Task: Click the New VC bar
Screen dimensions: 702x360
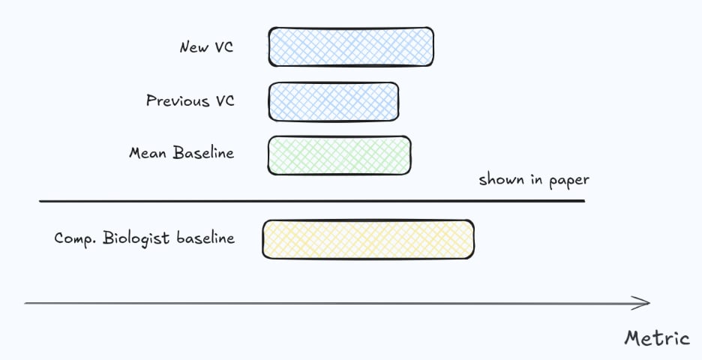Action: click(x=351, y=46)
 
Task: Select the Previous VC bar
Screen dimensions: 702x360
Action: click(x=334, y=101)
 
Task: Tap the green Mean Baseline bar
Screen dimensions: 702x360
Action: click(x=340, y=155)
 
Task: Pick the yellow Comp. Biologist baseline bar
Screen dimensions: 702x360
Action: click(x=368, y=239)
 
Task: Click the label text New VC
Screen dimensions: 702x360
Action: click(x=206, y=47)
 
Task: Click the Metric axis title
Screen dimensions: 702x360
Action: click(x=657, y=338)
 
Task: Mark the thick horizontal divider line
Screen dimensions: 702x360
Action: click(x=311, y=201)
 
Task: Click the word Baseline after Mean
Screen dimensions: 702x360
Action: click(x=203, y=153)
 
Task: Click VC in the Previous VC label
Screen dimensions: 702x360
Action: click(x=224, y=100)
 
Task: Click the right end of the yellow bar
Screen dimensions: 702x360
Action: click(x=471, y=239)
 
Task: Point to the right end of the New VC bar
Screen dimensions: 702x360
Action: click(x=430, y=46)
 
